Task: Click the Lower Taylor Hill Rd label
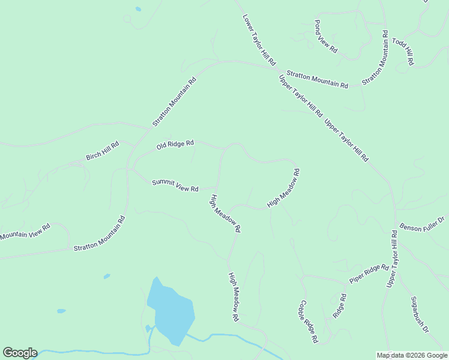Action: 259,40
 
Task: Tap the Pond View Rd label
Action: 326,37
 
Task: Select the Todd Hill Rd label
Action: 403,52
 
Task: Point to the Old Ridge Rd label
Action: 175,145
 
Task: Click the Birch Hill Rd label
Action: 103,151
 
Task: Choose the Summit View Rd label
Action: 175,185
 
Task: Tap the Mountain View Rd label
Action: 25,231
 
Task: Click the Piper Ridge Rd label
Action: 369,273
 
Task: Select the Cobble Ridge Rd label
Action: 309,321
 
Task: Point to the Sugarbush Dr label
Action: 420,314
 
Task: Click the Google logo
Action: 20,353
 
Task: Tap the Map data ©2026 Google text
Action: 412,355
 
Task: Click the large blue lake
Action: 172,312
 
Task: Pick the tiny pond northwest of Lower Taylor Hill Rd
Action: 138,10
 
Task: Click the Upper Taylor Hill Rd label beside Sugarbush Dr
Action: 392,257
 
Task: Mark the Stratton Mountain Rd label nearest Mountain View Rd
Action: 99,233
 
